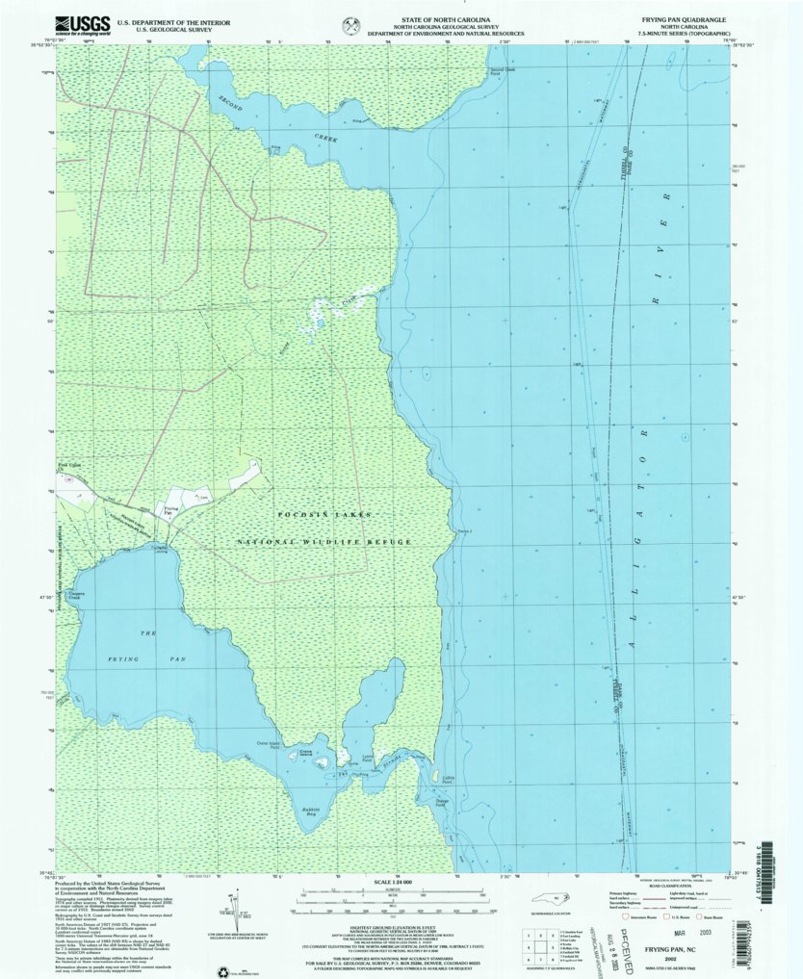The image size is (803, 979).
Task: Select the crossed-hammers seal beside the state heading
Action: click(345, 24)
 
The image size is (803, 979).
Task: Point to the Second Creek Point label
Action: click(503, 71)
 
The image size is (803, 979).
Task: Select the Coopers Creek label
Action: click(76, 596)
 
